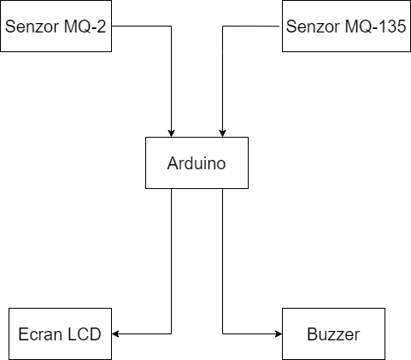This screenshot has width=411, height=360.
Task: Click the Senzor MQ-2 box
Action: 56,26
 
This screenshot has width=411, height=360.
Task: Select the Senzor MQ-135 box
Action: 346,26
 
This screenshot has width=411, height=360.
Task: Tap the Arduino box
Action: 197,162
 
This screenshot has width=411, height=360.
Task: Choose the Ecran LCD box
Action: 60,333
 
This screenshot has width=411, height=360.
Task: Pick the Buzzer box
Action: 333,333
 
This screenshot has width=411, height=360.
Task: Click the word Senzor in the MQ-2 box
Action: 32,27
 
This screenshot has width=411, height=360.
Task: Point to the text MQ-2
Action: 85,27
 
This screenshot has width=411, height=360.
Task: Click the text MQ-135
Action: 375,27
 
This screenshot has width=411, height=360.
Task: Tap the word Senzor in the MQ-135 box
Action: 314,27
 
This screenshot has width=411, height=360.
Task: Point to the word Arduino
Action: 197,163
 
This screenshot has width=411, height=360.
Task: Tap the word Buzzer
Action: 333,334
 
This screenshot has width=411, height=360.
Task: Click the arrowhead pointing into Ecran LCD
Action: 115,333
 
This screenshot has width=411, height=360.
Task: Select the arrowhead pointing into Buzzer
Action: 279,333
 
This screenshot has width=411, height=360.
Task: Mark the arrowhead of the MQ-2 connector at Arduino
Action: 171,133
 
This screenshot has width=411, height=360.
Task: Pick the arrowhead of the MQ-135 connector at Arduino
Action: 222,133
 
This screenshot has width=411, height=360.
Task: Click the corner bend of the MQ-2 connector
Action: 171,26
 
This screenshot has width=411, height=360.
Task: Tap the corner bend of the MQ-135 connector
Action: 222,26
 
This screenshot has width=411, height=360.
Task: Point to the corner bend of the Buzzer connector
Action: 222,333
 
